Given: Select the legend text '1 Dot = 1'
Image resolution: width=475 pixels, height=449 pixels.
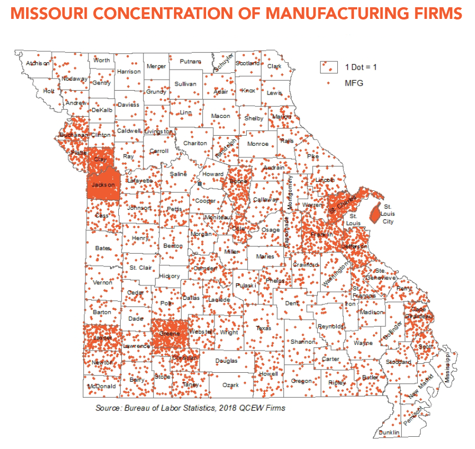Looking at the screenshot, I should pyautogui.click(x=361, y=67).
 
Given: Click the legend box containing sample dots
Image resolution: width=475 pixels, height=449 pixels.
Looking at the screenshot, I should pyautogui.click(x=329, y=67).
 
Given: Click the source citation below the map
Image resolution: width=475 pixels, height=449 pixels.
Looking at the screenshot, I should pyautogui.click(x=190, y=408).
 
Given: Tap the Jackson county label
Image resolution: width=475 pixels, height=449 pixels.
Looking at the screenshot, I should pyautogui.click(x=103, y=185).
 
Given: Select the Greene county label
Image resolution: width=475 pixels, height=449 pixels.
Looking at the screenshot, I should pyautogui.click(x=170, y=333).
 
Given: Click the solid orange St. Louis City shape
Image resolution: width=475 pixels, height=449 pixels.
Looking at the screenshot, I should pyautogui.click(x=375, y=211).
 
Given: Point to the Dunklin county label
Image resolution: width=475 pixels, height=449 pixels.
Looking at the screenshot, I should pyautogui.click(x=389, y=432).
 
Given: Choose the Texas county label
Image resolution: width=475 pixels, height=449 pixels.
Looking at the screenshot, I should pyautogui.click(x=263, y=328).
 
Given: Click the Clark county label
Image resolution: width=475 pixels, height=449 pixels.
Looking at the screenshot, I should pyautogui.click(x=274, y=66).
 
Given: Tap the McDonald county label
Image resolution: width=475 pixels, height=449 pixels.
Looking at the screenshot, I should pyautogui.click(x=102, y=386).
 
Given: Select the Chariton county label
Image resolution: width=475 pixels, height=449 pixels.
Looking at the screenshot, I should pyautogui.click(x=195, y=144).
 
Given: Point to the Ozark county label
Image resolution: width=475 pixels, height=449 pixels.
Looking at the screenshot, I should pyautogui.click(x=231, y=385).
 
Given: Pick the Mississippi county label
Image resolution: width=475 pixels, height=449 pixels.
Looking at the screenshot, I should pyautogui.click(x=451, y=367).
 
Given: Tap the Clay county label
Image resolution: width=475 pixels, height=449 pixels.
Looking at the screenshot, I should pyautogui.click(x=100, y=159).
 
